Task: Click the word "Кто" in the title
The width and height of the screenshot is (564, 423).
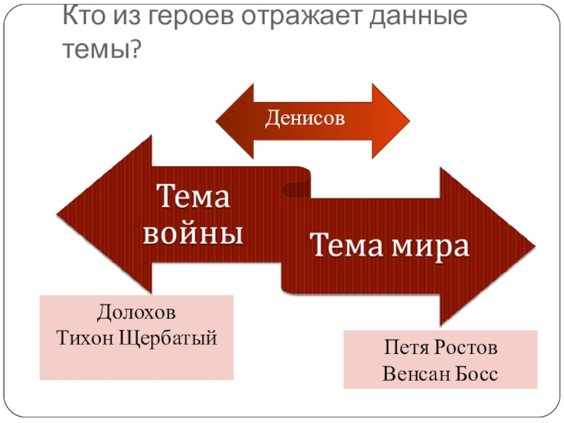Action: coord(82,18)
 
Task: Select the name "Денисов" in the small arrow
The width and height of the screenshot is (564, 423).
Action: coord(305,118)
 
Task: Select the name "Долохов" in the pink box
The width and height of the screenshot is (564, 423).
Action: coord(136,312)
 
